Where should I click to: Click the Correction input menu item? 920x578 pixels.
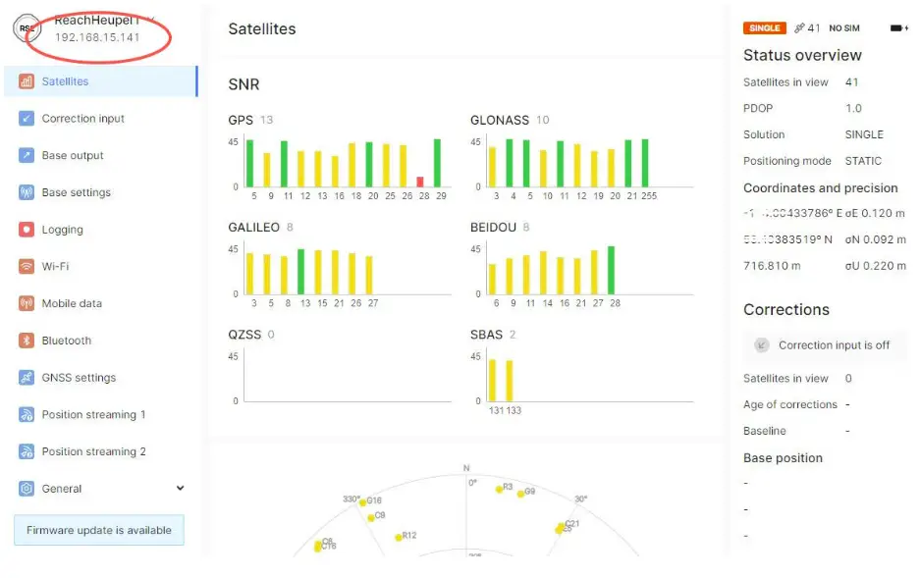coord(82,119)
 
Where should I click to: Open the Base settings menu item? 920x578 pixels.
coord(76,192)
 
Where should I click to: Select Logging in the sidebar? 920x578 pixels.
coord(62,230)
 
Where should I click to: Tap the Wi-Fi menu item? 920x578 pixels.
coord(55,267)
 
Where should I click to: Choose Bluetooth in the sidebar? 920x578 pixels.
coord(66,341)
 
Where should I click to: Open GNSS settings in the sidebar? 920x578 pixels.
coord(79,378)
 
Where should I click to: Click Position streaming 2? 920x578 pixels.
coord(93,451)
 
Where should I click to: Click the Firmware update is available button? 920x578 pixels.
coord(98,530)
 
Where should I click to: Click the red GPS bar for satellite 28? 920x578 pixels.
coord(420,182)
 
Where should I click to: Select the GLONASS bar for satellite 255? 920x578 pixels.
coord(645,163)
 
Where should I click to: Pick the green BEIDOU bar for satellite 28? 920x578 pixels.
coord(611,270)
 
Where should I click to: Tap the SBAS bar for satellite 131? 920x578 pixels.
coord(492,380)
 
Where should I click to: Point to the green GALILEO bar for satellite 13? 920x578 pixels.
coord(300,272)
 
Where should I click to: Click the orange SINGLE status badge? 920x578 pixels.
coord(763,28)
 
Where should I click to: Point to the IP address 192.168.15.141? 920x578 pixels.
coord(97,37)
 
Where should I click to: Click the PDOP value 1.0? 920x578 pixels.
coord(853,108)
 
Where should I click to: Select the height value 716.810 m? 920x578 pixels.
coord(772,266)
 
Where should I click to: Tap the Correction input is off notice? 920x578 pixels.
coord(834,345)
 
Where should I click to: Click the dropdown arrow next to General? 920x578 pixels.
coord(180,489)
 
